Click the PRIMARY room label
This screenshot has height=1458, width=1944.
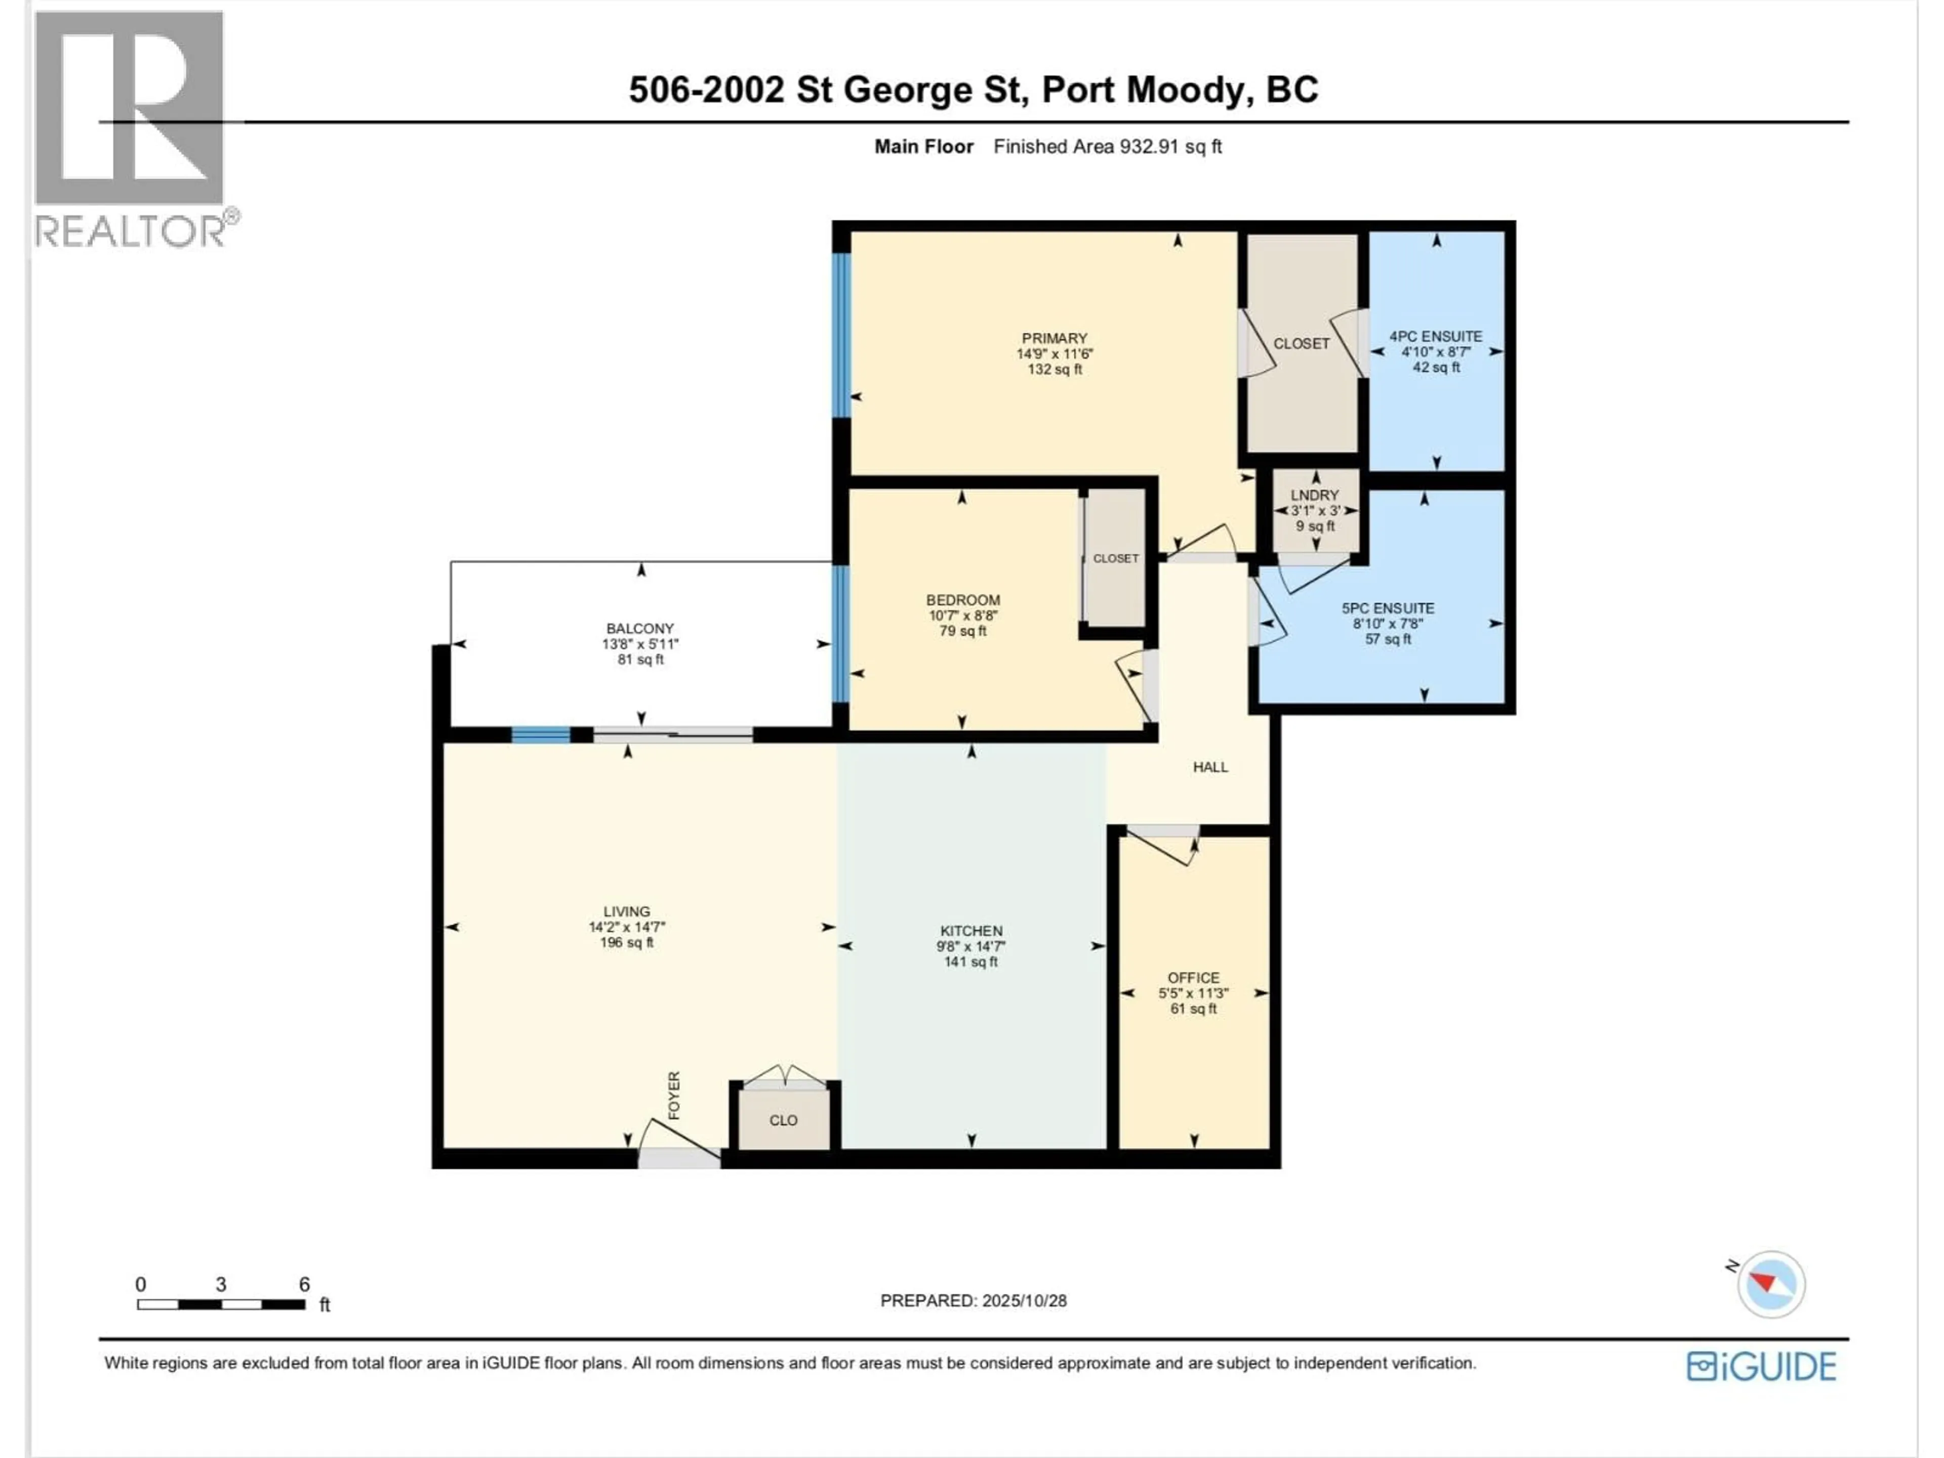1054,338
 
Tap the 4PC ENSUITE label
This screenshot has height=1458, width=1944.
1435,337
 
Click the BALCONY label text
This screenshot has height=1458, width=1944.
640,628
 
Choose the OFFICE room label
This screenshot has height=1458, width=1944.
1193,977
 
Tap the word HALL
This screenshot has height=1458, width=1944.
1209,767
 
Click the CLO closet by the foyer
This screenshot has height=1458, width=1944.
783,1120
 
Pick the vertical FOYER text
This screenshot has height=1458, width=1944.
674,1095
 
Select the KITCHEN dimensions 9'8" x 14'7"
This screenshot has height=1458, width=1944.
970,947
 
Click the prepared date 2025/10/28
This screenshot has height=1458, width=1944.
1023,1301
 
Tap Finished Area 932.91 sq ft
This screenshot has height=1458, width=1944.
1107,147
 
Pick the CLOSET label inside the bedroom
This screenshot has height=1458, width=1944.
1115,558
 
